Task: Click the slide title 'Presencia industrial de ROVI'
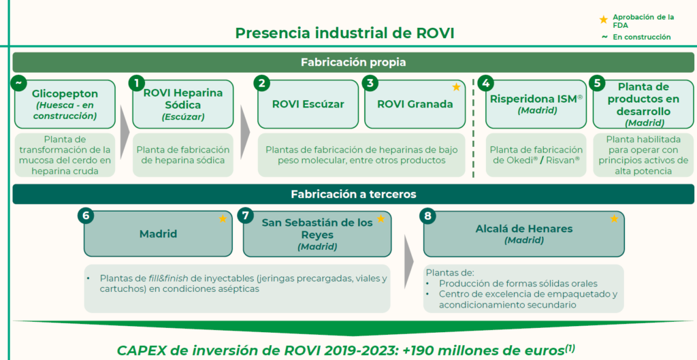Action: click(x=344, y=33)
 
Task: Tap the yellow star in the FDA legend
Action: click(x=603, y=20)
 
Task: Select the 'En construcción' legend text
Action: click(x=641, y=37)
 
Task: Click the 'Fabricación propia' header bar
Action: click(x=353, y=62)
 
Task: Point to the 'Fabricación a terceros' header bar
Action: click(x=353, y=194)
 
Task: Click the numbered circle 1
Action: click(x=136, y=83)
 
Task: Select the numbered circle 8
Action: click(x=427, y=216)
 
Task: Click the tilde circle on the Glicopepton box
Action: click(x=18, y=83)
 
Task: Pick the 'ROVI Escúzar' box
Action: click(x=308, y=104)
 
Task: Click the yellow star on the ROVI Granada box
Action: click(x=456, y=88)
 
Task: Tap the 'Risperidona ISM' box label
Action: click(x=536, y=99)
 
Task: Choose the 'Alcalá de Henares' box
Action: click(x=523, y=234)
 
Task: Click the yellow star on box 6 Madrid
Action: click(x=223, y=218)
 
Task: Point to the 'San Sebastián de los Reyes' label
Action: click(x=317, y=228)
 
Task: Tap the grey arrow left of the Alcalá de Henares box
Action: click(x=408, y=262)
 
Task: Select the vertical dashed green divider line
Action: click(x=473, y=129)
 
